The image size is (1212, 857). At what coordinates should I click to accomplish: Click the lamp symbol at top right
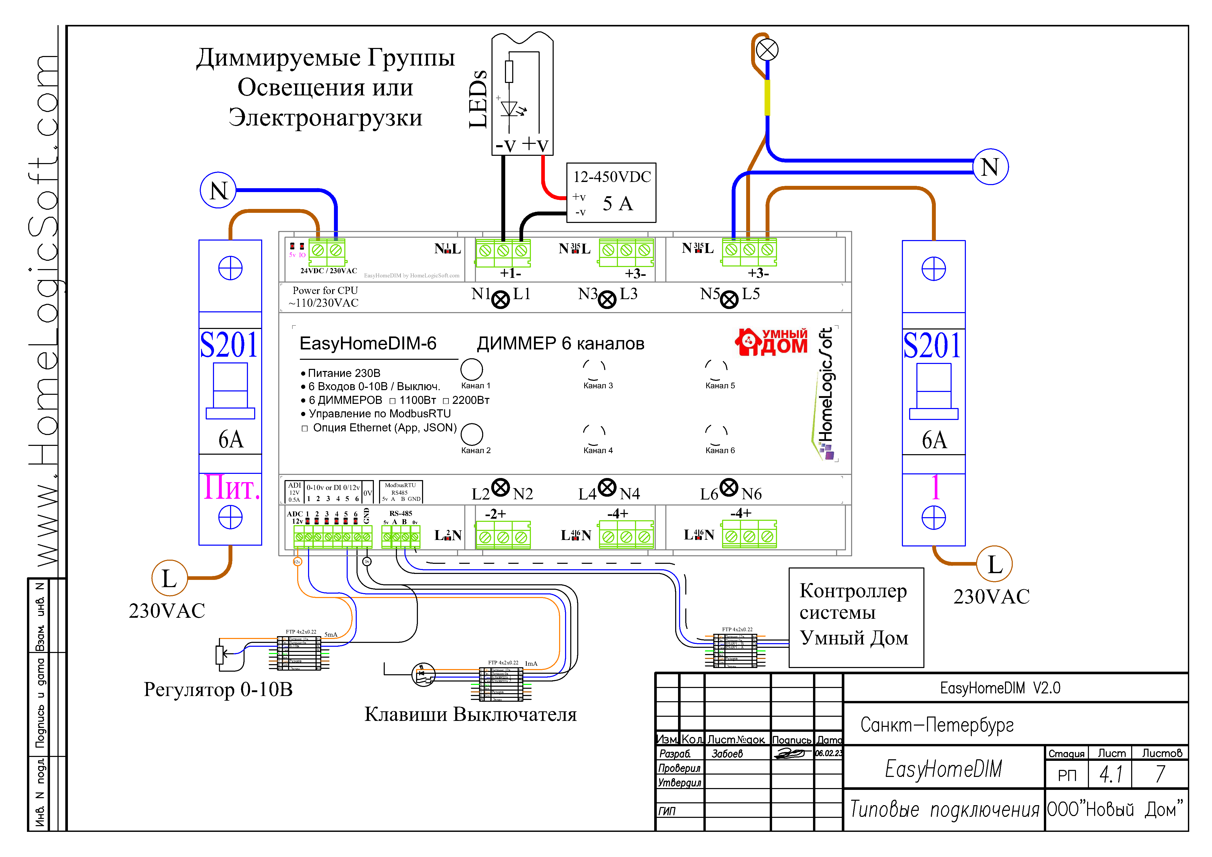tap(767, 50)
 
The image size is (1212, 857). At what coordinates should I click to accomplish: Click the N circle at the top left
tap(218, 190)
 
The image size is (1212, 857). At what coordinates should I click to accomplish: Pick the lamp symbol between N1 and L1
tap(501, 299)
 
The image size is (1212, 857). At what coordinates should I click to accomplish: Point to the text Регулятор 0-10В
tap(218, 689)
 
